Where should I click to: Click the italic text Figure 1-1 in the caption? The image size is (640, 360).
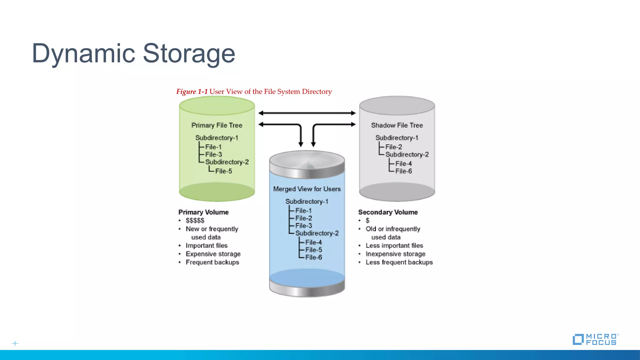click(192, 92)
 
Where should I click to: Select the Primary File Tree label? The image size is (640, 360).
click(217, 125)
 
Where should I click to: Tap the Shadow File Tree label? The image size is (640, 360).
click(397, 125)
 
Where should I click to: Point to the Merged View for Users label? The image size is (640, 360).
click(307, 189)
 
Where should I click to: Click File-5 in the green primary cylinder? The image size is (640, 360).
click(223, 171)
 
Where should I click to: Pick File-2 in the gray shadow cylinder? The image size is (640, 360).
click(393, 147)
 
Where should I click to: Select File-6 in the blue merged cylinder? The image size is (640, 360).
click(313, 257)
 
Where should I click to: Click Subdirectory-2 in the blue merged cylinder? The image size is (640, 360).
click(317, 233)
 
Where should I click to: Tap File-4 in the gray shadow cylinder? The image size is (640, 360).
click(403, 164)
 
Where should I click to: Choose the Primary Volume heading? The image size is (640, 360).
click(203, 212)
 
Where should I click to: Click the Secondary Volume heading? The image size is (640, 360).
click(388, 212)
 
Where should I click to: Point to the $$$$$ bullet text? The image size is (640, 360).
click(195, 221)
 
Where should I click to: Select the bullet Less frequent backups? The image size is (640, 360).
click(399, 262)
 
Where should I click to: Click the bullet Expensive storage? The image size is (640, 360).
click(213, 254)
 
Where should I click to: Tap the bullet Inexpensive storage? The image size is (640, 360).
click(395, 254)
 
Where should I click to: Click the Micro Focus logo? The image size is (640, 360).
click(595, 339)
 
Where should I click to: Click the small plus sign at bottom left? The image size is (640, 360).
click(15, 343)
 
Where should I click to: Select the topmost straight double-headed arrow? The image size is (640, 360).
click(307, 113)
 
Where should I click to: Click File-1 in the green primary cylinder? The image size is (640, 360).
click(213, 147)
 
